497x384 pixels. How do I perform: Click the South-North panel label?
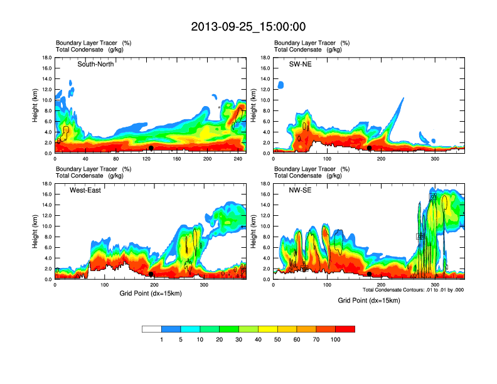(95, 65)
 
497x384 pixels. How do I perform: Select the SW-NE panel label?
(294, 65)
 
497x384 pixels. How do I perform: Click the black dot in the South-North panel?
(151, 148)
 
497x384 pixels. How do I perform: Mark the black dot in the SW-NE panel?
(370, 148)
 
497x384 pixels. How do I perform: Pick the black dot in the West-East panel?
(151, 274)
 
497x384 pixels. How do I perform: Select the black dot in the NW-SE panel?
(370, 274)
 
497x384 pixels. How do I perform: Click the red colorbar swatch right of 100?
(345, 329)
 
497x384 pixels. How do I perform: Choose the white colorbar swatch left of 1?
(152, 329)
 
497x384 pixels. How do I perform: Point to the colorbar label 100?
(335, 339)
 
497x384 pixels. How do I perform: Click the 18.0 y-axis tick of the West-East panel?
(47, 184)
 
